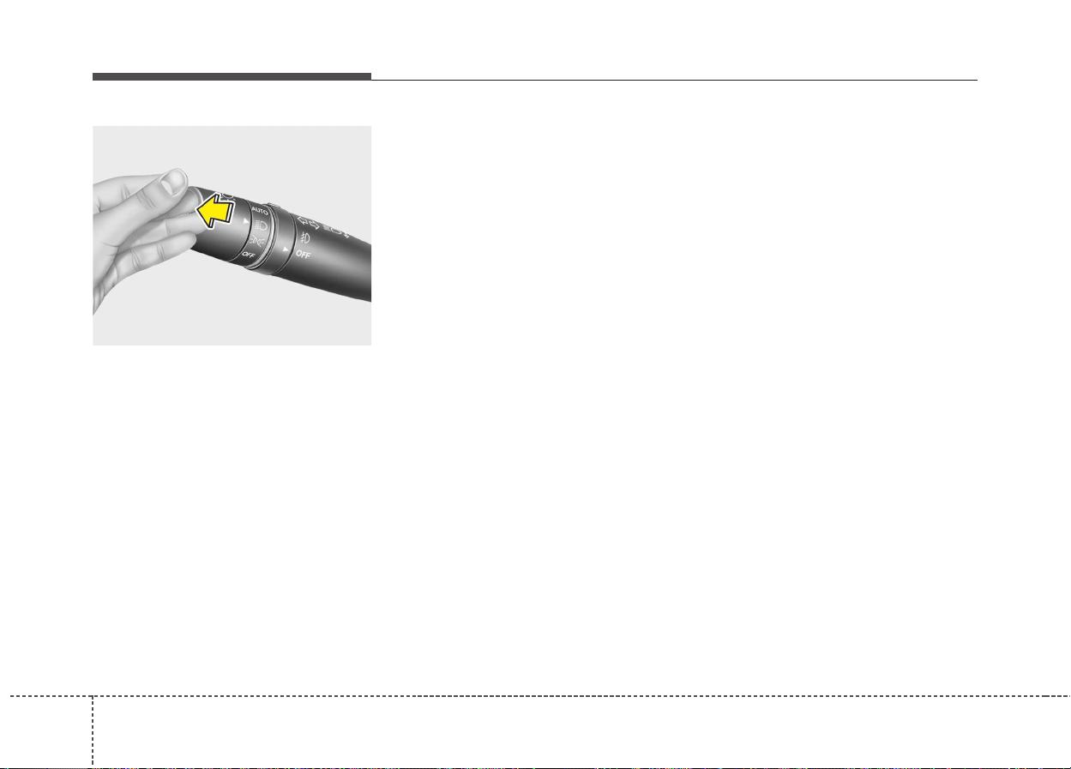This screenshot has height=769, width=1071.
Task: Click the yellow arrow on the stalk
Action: point(214,211)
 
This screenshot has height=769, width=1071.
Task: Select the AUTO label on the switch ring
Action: point(260,210)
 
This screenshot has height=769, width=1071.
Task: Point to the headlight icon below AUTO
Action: point(261,224)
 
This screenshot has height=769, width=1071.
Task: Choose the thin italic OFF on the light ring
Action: point(249,255)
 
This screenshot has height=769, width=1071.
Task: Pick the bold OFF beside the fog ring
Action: point(304,255)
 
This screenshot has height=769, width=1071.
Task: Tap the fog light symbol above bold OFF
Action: point(304,237)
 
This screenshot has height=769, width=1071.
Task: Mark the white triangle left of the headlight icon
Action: point(246,221)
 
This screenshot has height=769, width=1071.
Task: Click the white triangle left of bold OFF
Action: point(286,249)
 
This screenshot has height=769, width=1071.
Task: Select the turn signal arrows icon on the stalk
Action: point(308,223)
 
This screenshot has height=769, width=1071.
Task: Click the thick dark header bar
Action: point(232,76)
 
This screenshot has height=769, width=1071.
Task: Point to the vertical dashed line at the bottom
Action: point(93,731)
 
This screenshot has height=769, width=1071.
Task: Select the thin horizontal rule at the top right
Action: point(674,80)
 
